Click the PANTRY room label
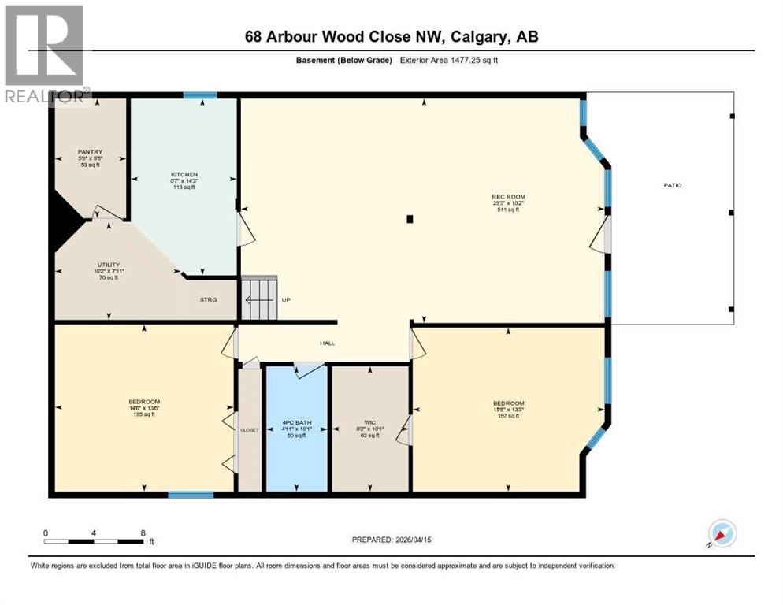point(90,152)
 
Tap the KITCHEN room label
point(184,174)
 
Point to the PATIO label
point(672,185)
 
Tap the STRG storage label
point(208,299)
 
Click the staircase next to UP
point(259,299)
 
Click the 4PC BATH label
point(297,423)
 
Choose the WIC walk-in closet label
point(369,423)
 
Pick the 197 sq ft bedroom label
point(508,403)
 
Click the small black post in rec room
point(410,220)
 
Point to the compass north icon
point(722,533)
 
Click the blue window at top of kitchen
point(200,95)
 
